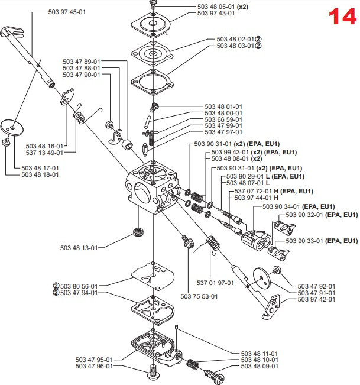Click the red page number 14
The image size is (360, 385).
point(343,17)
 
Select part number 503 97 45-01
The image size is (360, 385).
point(67,12)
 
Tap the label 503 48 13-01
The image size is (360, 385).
point(79,248)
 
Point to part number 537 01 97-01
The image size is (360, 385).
point(215,283)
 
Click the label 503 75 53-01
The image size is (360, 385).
point(199,296)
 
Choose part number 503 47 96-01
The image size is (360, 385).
point(94,366)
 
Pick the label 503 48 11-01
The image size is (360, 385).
point(260,354)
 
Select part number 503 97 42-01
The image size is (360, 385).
point(316,299)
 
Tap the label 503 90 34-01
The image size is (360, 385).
point(281,206)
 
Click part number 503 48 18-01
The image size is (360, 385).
point(40,174)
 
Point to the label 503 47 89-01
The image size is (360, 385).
point(82,62)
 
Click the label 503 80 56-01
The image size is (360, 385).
point(79,286)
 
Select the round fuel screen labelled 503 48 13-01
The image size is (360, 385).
point(139,232)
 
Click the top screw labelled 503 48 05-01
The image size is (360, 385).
point(153,4)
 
